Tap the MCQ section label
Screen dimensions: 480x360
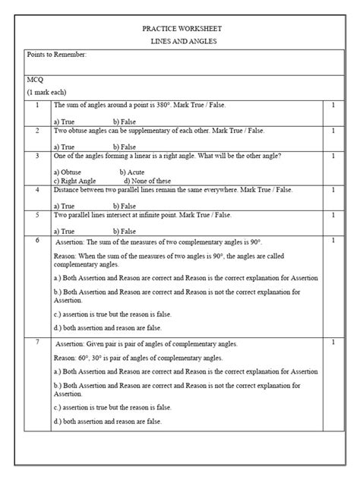click(x=35, y=78)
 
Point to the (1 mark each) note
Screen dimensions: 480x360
click(x=48, y=91)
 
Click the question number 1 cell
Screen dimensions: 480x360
click(x=37, y=105)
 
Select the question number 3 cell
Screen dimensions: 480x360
click(x=37, y=155)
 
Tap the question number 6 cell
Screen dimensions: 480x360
click(x=37, y=240)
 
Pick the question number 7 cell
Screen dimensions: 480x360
click(x=37, y=343)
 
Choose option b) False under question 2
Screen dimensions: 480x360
click(x=124, y=147)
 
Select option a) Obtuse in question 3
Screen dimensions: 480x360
click(x=68, y=172)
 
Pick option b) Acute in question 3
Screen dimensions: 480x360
click(x=132, y=172)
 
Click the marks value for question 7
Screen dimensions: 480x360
click(x=333, y=343)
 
